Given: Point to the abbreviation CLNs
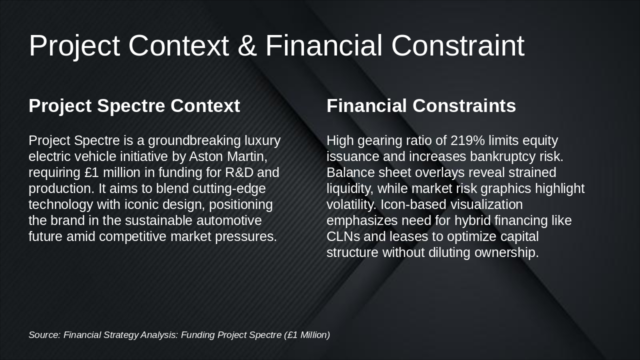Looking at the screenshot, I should tap(343, 236).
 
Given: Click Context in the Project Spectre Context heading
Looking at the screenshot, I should tap(205, 106).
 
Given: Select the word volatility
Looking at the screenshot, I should tap(351, 204).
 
